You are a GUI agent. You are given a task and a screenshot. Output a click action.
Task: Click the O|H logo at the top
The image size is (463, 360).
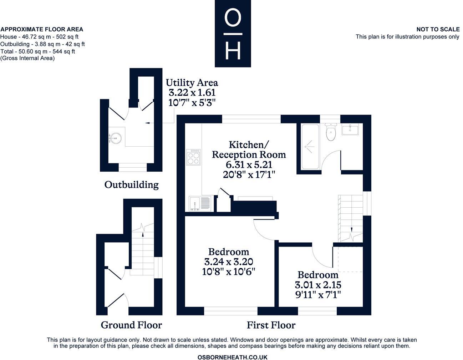[x=233, y=34]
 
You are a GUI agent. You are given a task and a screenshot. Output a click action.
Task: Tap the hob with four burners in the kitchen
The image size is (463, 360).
[x=193, y=157]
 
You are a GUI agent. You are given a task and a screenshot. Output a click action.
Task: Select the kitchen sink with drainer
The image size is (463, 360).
[x=199, y=204]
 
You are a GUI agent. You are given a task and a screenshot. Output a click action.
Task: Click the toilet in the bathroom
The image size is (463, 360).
[x=331, y=133]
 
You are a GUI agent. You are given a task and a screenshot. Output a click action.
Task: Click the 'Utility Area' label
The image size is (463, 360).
[x=192, y=83]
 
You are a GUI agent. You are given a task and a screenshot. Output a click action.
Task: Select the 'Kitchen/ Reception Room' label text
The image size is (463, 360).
[x=249, y=149]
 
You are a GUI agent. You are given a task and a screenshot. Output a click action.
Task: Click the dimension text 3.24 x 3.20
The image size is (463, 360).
[x=229, y=262]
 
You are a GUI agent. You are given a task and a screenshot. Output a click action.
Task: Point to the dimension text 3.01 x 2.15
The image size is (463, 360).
[x=318, y=285]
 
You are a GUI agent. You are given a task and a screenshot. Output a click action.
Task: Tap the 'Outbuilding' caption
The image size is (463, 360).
[x=131, y=185]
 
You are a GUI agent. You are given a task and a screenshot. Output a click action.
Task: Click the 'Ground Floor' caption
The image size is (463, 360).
[x=131, y=325]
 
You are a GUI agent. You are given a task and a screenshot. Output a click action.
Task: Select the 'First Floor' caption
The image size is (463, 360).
[x=271, y=325]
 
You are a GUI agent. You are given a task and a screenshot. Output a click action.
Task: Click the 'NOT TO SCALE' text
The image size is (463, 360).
[x=438, y=29]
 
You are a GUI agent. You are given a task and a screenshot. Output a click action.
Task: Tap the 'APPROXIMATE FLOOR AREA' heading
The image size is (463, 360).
[x=42, y=29]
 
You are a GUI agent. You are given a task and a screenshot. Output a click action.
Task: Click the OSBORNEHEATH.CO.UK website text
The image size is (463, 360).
[x=232, y=357]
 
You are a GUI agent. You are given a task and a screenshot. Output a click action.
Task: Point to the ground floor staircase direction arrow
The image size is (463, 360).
[x=143, y=234]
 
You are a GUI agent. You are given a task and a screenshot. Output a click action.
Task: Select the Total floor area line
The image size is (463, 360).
[x=37, y=51]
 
